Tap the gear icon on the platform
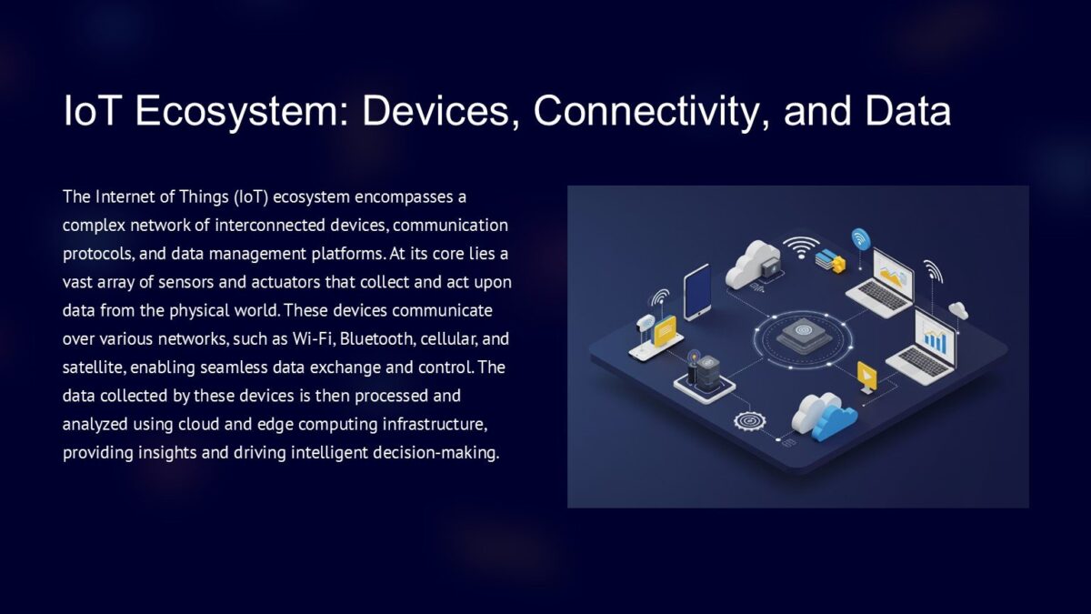[749, 421]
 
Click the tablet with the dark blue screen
[697, 291]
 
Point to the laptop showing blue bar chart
[927, 341]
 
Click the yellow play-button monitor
[867, 376]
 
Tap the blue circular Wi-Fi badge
[859, 238]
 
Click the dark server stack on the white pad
[703, 373]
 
